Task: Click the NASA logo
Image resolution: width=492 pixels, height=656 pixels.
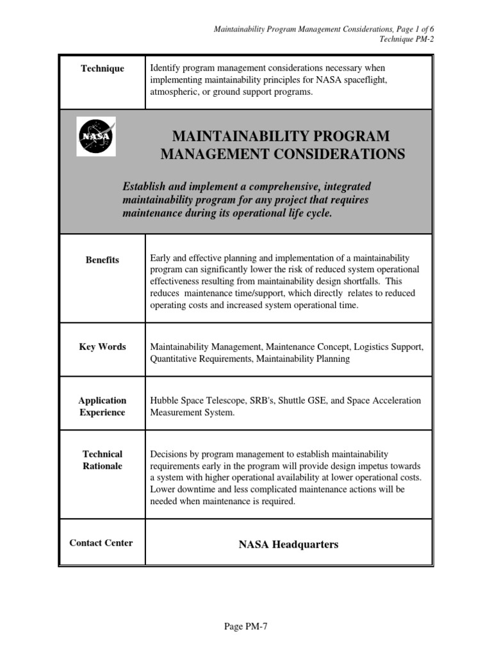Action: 96,136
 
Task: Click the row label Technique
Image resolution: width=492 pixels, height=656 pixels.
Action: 102,69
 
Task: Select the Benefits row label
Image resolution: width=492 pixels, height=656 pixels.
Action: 102,260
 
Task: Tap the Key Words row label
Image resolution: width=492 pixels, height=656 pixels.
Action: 102,347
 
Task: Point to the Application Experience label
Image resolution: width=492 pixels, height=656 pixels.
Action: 102,406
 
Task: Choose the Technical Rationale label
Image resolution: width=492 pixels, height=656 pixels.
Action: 102,460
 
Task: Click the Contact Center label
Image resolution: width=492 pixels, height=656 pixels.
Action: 101,543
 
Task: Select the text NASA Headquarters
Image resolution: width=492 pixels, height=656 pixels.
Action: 288,545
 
